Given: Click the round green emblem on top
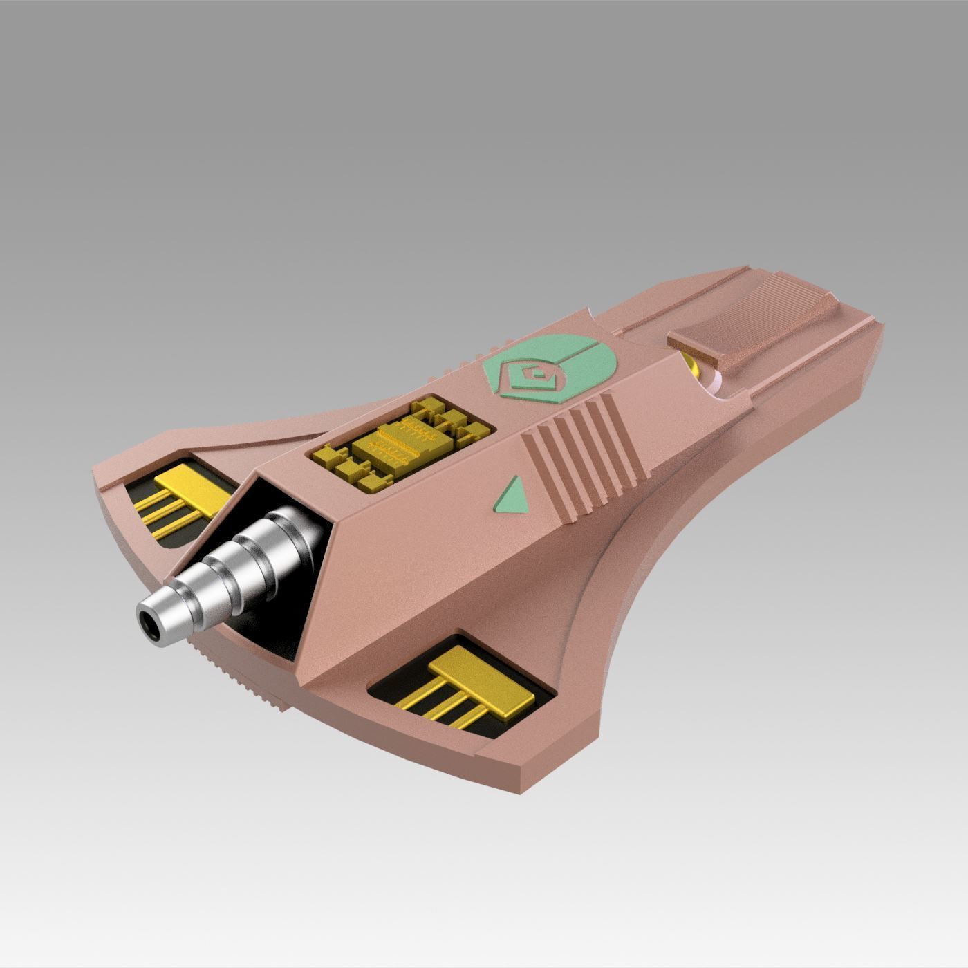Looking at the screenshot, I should [x=546, y=373].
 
